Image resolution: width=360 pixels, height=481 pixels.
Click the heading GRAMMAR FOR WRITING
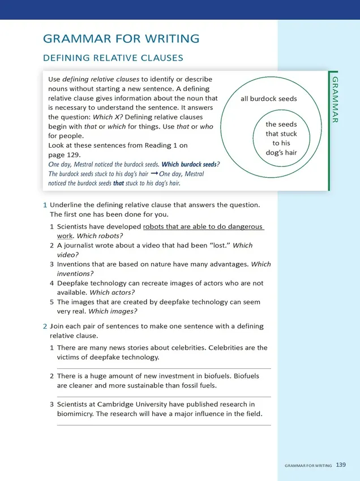coord(121,39)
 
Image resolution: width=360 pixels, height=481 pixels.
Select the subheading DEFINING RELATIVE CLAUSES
coord(113,58)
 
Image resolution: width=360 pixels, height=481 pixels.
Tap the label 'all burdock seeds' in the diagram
coord(269,98)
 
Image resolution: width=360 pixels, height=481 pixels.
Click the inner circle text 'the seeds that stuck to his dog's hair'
coord(281,138)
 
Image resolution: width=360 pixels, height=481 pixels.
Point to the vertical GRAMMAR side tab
coord(335,98)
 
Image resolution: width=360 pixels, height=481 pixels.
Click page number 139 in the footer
coord(341,465)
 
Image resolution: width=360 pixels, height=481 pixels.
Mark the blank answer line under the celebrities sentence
coord(164,368)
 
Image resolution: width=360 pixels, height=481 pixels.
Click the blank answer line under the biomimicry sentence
coord(164,424)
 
